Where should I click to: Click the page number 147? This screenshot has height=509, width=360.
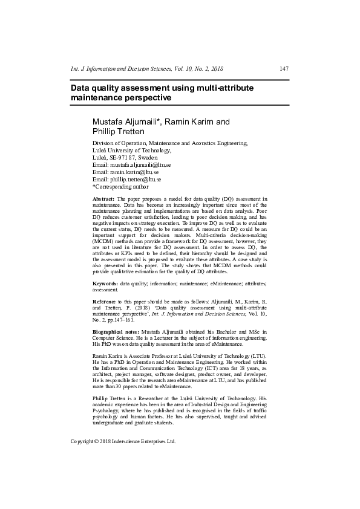tap(284, 68)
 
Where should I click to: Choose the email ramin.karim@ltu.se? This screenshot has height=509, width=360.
tap(134, 172)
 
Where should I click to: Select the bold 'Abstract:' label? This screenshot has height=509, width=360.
tap(103, 199)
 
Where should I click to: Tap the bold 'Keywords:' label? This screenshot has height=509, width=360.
tap(105, 283)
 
